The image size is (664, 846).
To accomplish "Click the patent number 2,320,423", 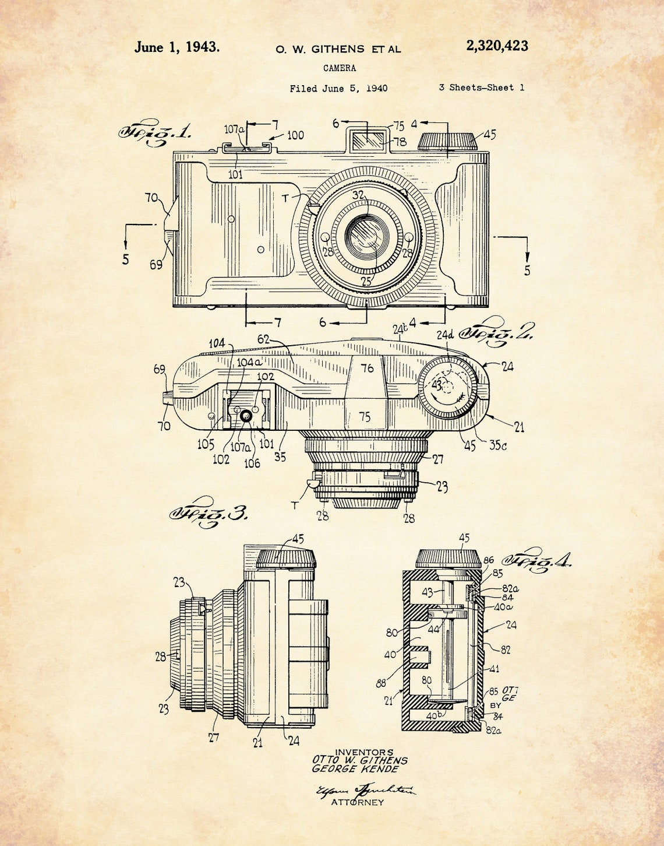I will point(497,46).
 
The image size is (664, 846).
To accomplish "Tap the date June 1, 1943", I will point(177,47).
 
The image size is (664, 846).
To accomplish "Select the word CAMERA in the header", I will point(340,68).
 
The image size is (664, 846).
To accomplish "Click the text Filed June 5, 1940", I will point(338,89).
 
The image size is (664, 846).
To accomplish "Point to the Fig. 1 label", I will point(154,134).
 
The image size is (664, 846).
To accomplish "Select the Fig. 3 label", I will point(208,513).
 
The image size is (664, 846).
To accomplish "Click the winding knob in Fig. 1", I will point(447,141).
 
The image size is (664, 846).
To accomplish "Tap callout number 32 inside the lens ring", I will point(358,195).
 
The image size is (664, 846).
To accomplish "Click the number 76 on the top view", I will point(367,368).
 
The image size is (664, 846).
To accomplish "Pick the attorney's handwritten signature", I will point(365,790).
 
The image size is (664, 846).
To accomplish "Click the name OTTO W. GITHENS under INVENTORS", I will point(359,760).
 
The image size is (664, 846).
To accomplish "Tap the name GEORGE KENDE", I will point(355,769).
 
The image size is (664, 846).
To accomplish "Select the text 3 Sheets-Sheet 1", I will point(481,87).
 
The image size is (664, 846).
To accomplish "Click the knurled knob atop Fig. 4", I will point(448,558).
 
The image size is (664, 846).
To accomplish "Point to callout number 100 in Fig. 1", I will point(295,135).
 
